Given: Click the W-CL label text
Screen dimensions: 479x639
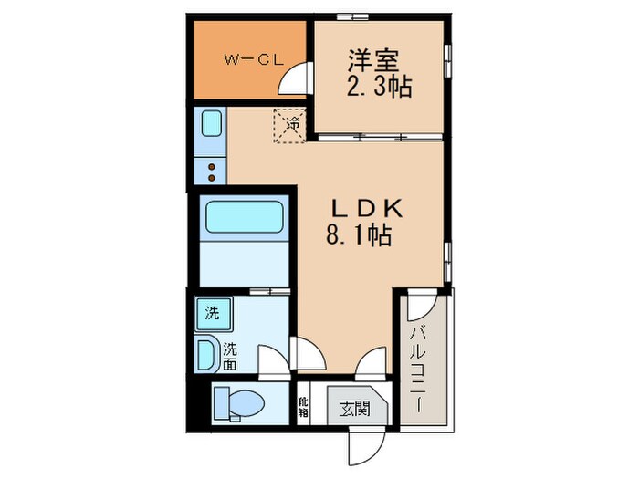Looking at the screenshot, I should [253, 60].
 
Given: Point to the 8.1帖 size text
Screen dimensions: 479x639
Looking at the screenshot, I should [360, 237].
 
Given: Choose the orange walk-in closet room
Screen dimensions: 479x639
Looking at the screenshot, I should [246, 60].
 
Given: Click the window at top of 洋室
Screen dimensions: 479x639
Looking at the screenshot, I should [351, 16].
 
